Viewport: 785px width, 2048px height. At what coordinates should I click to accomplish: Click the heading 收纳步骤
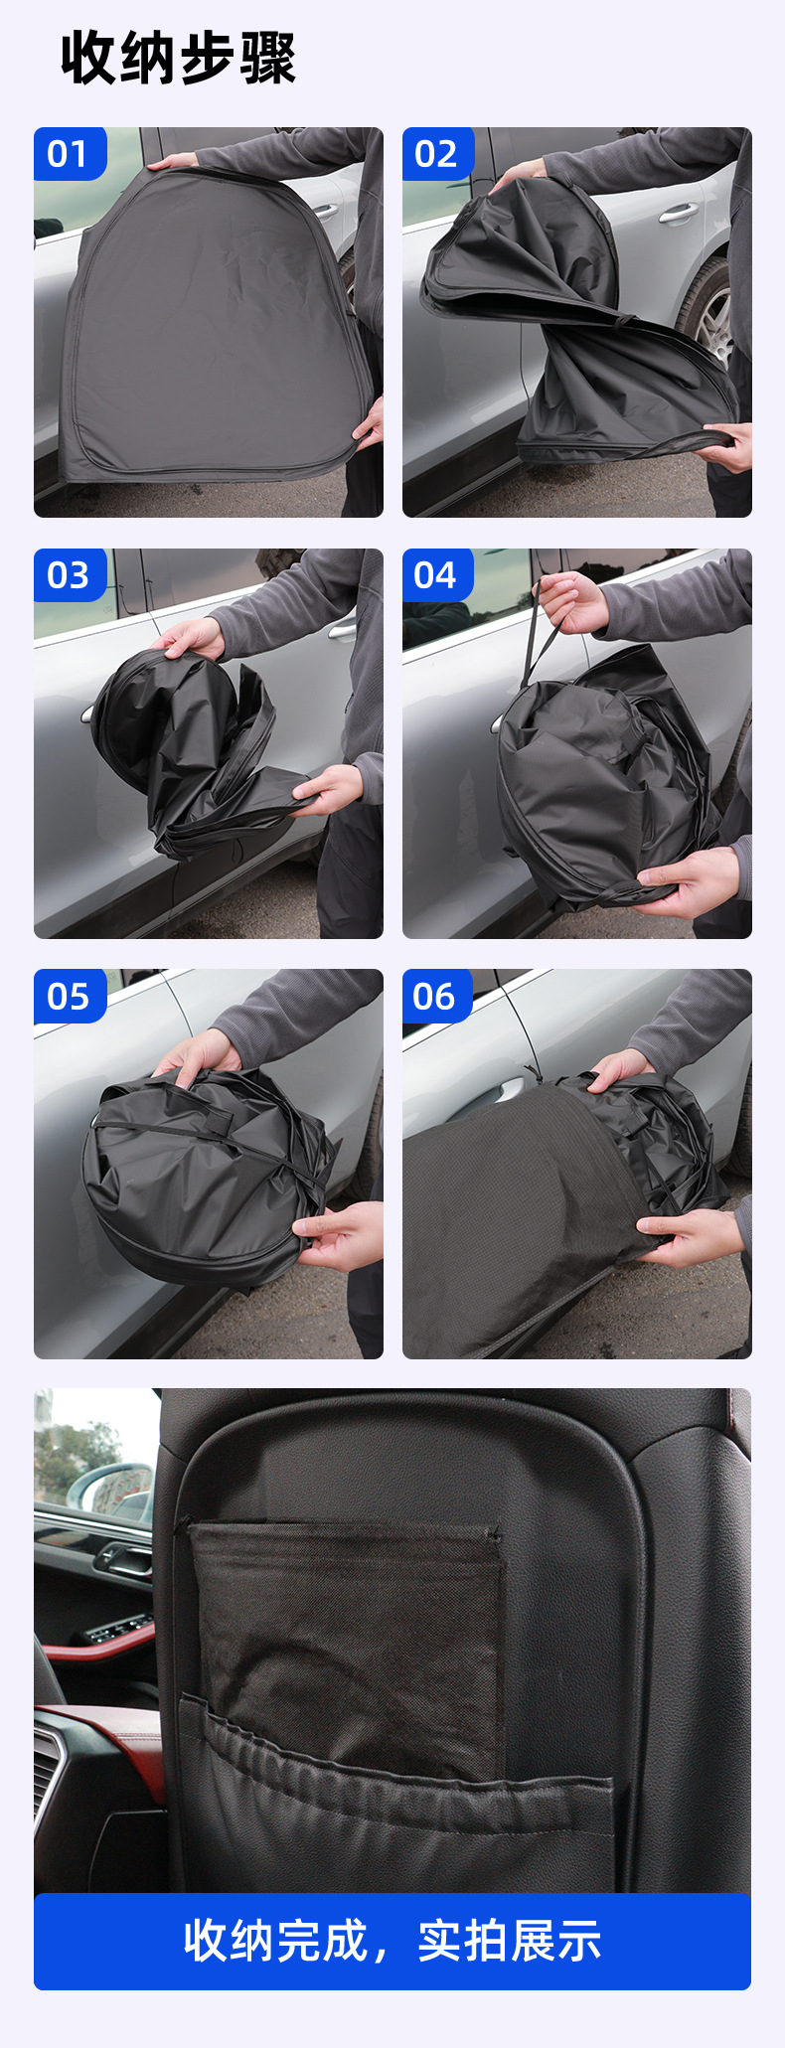[x=179, y=58]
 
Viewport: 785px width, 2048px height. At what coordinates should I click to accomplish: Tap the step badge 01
[x=69, y=154]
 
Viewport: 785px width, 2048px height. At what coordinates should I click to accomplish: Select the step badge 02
[x=437, y=154]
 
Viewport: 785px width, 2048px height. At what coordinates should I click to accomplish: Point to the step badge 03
[x=69, y=575]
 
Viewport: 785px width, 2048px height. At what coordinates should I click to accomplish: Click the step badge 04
[x=437, y=575]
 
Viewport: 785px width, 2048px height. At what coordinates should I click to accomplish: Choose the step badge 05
[x=69, y=996]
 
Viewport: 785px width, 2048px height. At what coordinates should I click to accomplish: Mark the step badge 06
[x=437, y=996]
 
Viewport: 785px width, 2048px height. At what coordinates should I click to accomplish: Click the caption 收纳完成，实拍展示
[x=392, y=1941]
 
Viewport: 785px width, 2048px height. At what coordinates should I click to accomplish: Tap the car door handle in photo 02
[x=679, y=213]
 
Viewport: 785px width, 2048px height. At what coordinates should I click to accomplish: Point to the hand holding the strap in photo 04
[x=570, y=601]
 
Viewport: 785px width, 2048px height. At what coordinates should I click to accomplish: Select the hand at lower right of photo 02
[x=724, y=446]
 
